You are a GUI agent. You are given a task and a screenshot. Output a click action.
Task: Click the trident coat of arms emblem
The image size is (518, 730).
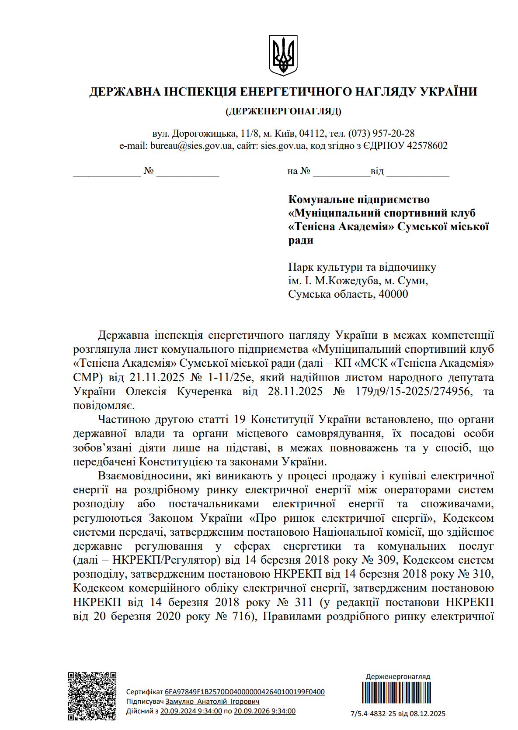[283, 55]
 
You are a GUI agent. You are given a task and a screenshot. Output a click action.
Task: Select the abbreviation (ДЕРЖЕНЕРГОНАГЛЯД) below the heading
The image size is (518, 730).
[283, 111]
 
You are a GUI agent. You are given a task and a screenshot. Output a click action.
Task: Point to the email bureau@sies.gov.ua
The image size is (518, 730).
[191, 146]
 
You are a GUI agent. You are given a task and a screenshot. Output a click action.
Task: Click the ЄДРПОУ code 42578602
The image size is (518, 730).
[427, 146]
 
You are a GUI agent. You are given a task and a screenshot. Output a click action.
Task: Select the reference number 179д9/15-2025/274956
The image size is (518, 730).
[414, 392]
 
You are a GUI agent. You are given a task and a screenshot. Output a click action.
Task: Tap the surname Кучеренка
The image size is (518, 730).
[204, 392]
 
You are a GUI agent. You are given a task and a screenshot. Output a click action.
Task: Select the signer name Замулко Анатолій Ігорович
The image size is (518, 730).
[212, 702]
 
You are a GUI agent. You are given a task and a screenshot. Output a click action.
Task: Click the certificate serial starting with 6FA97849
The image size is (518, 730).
[244, 692]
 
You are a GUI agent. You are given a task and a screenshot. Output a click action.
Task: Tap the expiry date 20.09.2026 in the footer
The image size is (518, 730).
[264, 711]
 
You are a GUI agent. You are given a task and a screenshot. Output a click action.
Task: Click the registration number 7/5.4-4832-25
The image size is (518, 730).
[373, 714]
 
